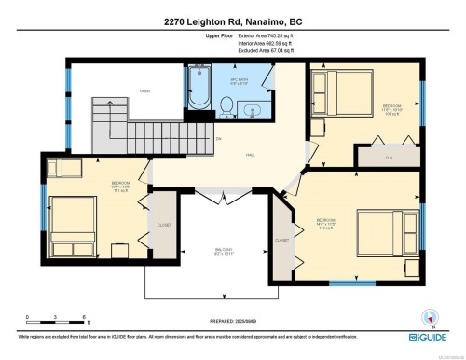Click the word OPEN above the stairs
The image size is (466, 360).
(144, 90)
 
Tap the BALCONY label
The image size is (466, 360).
(222, 251)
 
